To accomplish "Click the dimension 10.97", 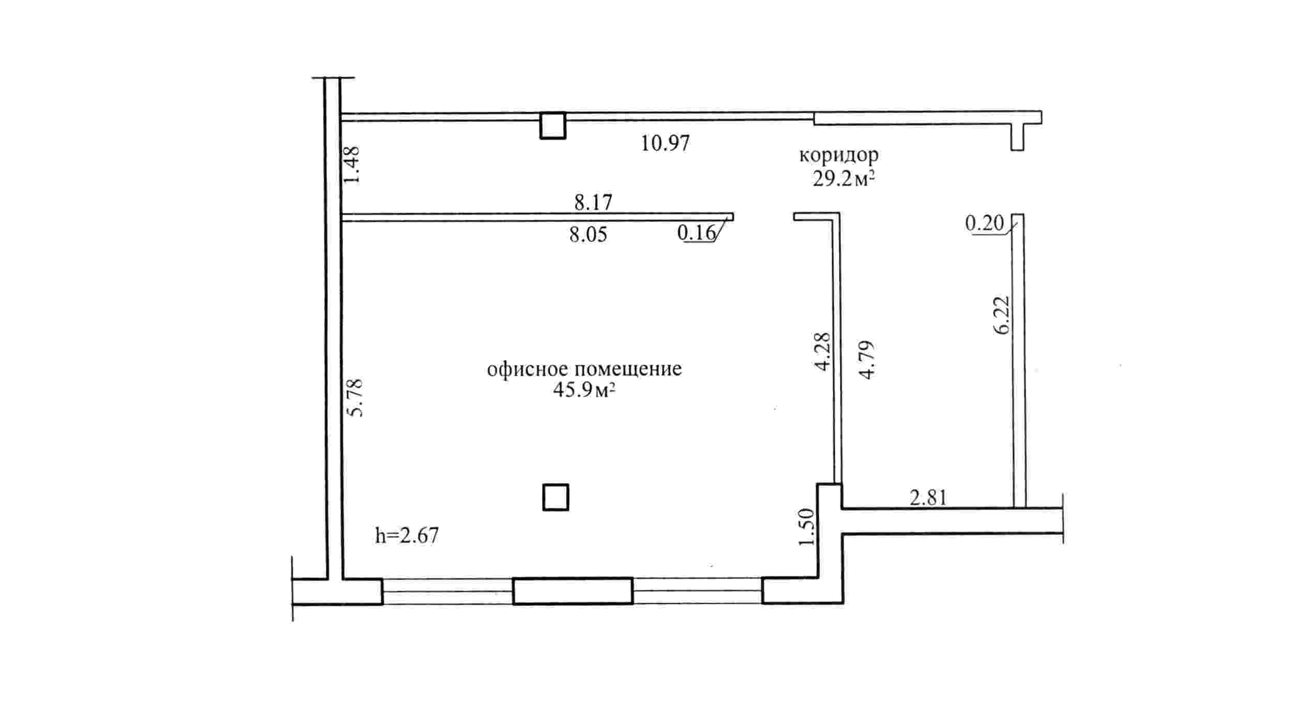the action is click(x=665, y=143).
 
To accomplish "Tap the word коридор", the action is click(x=839, y=155).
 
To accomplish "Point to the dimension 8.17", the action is click(x=593, y=202).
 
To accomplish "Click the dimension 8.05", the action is click(x=588, y=235).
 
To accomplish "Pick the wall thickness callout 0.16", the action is click(x=696, y=233).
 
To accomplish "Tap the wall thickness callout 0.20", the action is click(x=984, y=224).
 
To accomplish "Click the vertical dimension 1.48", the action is click(x=352, y=165).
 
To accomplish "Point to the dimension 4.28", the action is click(x=822, y=351).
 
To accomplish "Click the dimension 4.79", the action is click(x=866, y=360).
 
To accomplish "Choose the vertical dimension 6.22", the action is click(x=1001, y=315).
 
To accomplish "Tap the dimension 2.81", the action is click(x=928, y=498).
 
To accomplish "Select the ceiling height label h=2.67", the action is click(x=407, y=536).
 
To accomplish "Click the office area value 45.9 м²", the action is click(x=584, y=390).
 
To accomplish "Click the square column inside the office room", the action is click(x=555, y=497).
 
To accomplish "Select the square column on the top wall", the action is click(x=553, y=126).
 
